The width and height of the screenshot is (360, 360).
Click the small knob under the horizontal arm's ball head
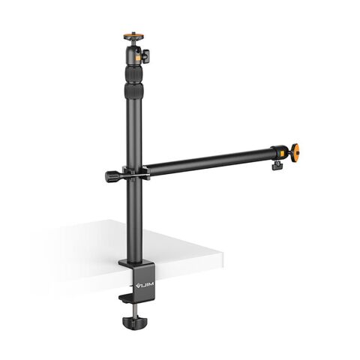277,163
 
